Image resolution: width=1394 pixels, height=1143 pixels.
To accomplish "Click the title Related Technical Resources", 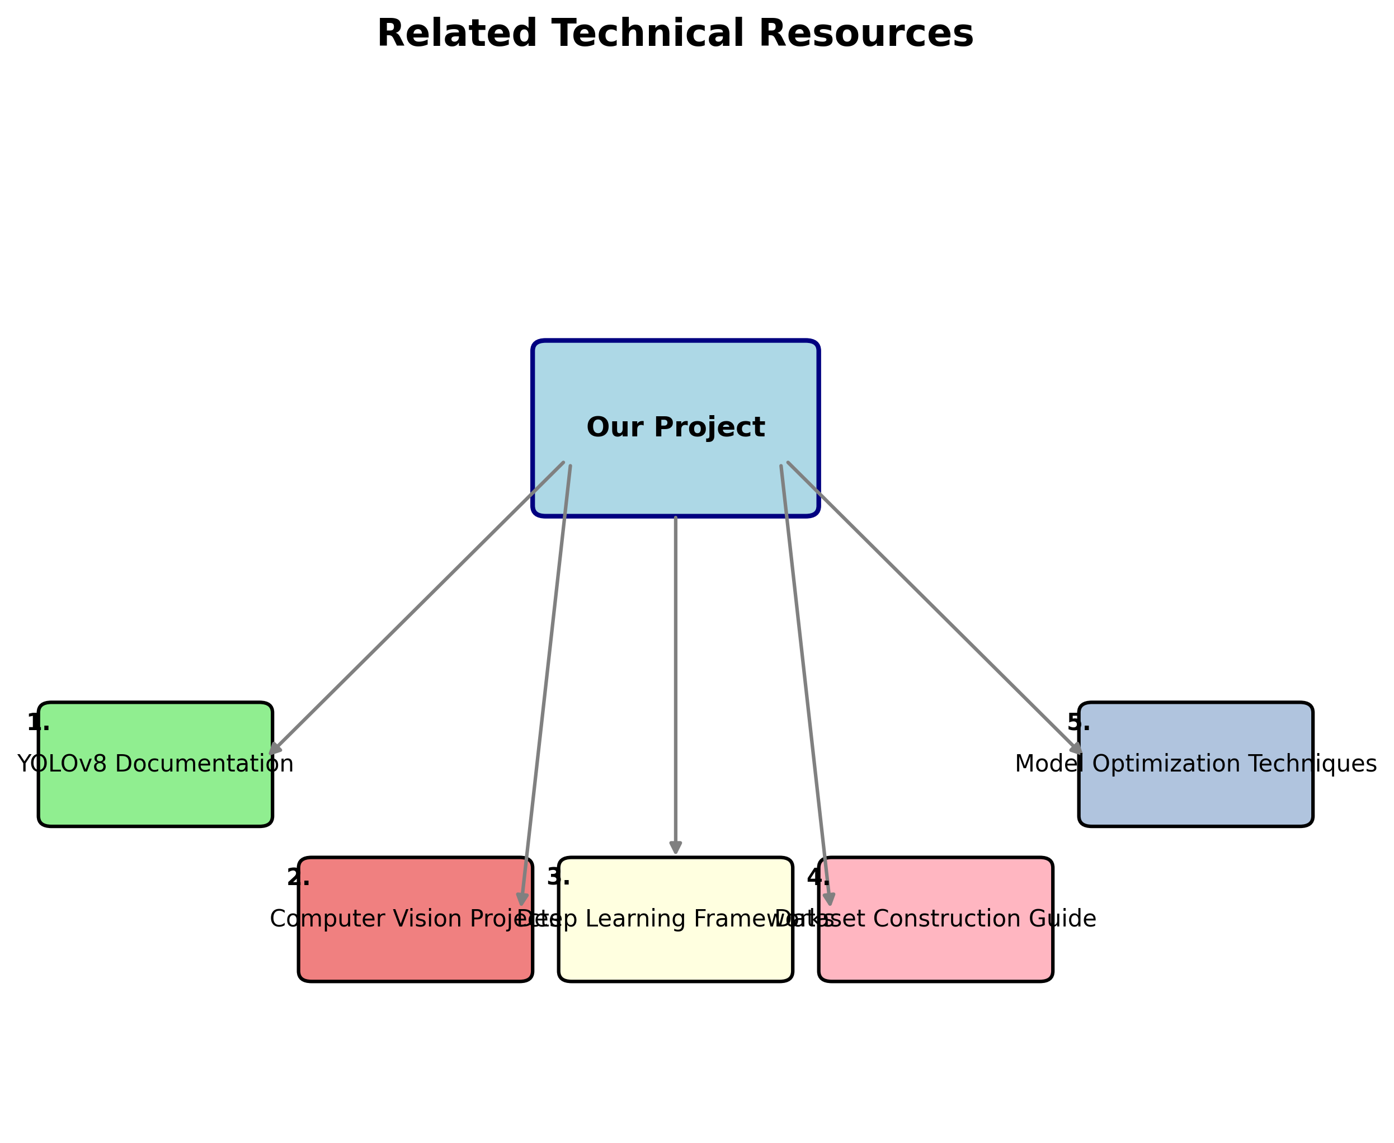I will [x=675, y=34].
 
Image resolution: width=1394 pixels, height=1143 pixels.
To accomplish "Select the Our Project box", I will [x=675, y=395].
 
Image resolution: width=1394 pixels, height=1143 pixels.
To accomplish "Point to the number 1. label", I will [x=38, y=723].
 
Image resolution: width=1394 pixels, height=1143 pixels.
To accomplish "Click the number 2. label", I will [x=298, y=877].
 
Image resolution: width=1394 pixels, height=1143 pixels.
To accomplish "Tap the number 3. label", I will [x=558, y=877].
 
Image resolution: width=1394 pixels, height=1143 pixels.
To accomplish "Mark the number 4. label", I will [x=818, y=877].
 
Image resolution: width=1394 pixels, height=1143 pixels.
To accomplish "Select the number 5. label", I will [x=1078, y=723].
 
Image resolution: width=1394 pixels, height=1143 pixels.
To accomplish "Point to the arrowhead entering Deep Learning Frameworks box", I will [x=675, y=848].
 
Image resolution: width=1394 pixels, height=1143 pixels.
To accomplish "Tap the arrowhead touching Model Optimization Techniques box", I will [x=1076, y=749].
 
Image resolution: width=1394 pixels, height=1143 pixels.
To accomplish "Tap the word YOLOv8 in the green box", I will [x=61, y=764].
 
